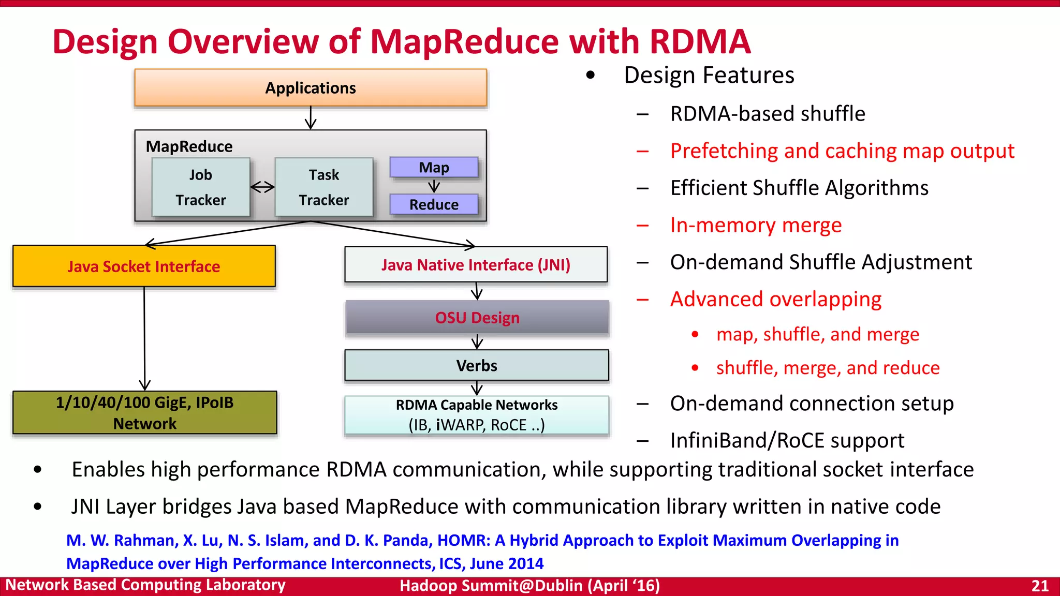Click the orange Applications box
point(311,88)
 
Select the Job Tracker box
point(201,187)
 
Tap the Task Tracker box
point(324,187)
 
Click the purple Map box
point(434,168)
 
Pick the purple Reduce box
point(434,204)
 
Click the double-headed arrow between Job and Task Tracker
point(262,187)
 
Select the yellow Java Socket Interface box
point(144,266)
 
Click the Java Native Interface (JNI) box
point(476,265)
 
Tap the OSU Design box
point(477,317)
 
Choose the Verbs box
point(477,366)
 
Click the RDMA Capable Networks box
point(477,415)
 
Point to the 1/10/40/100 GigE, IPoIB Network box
point(145,413)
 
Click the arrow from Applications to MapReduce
point(311,118)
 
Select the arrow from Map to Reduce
point(434,186)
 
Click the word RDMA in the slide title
point(700,41)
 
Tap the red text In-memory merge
point(756,225)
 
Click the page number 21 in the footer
point(1040,586)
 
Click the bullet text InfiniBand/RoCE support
point(787,440)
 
